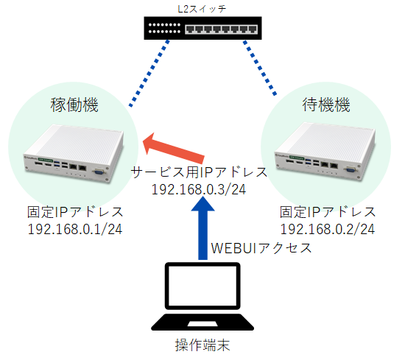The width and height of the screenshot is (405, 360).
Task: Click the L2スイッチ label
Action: (x=202, y=9)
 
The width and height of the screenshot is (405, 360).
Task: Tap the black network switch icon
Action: (x=202, y=28)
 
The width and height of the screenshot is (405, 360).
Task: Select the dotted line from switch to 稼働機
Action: (x=149, y=74)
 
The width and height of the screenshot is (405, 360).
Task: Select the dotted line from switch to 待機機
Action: (x=260, y=68)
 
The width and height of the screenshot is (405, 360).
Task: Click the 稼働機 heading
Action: (x=74, y=105)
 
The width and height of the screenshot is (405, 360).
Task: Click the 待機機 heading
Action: (x=326, y=105)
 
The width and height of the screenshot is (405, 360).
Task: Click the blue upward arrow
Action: (x=202, y=227)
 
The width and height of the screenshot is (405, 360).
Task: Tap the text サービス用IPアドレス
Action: (x=199, y=172)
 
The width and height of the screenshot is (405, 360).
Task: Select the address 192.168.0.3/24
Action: (x=199, y=189)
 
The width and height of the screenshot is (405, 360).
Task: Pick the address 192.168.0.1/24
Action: (x=75, y=230)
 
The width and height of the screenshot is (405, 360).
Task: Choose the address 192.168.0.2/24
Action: (x=328, y=230)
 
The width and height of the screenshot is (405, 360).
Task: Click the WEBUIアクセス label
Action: (x=261, y=248)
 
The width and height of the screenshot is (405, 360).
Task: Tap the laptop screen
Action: (x=202, y=286)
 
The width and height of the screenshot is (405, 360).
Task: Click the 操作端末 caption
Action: (x=202, y=345)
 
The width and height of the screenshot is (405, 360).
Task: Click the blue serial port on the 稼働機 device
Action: (x=99, y=172)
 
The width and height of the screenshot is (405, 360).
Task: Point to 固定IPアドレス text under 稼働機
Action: (x=75, y=212)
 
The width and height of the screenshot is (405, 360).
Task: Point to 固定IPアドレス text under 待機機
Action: (x=328, y=212)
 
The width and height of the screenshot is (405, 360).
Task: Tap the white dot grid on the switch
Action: (x=164, y=28)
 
